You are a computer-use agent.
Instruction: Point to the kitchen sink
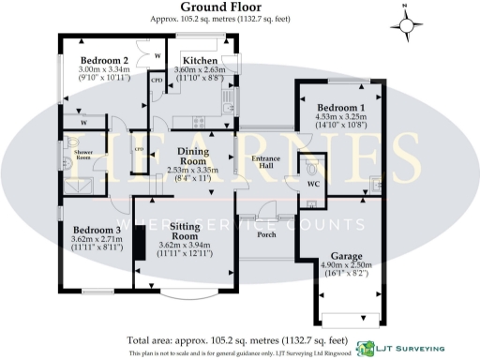228,95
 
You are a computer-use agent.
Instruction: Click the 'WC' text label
314,185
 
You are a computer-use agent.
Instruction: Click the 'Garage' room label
347,255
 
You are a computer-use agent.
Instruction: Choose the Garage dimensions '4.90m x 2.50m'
347,265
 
